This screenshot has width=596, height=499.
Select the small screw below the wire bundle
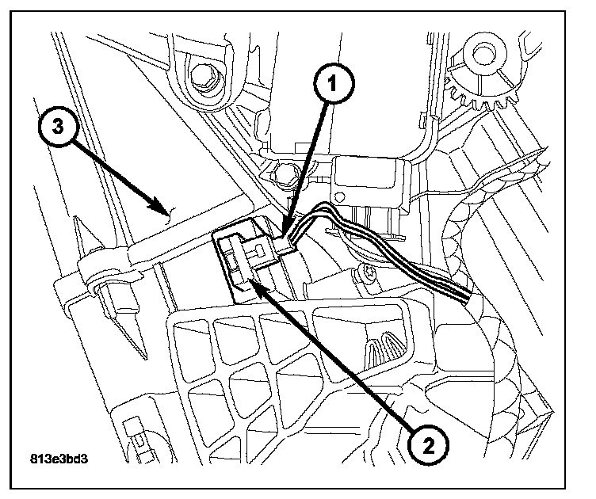pos(369,273)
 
